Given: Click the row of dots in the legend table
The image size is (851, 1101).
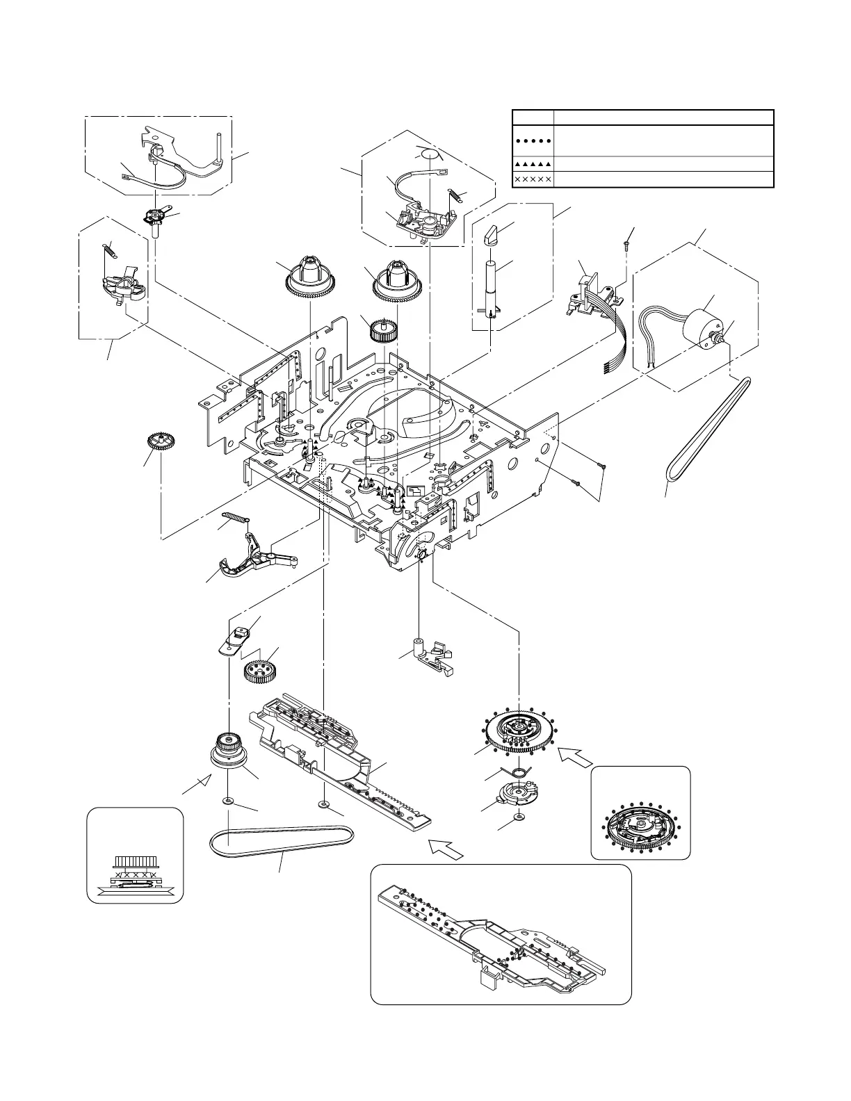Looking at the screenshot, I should (x=532, y=140).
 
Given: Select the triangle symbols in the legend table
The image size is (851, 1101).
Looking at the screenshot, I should (x=532, y=164).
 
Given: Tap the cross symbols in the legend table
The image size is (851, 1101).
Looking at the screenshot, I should (x=532, y=179).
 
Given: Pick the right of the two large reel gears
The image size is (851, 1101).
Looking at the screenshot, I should (x=400, y=279).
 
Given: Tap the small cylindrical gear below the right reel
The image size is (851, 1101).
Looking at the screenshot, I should (x=382, y=330).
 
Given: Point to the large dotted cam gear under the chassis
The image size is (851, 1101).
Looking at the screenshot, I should (x=518, y=734).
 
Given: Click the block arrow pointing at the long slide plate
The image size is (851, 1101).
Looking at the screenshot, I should (x=446, y=849).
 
